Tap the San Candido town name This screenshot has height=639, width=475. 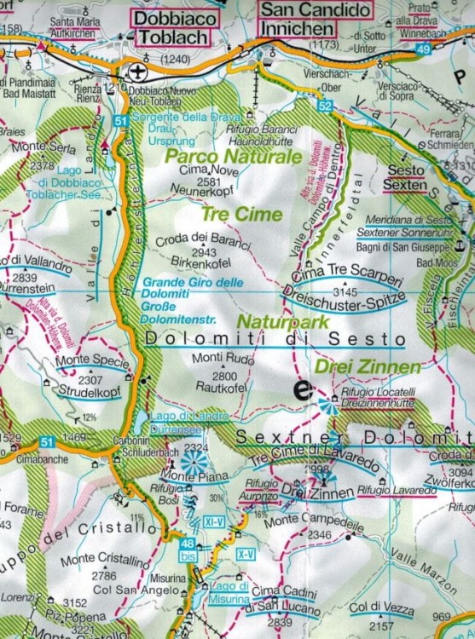pos(316,10)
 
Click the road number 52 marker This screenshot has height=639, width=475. pos(324,106)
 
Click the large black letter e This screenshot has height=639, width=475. pos(300,390)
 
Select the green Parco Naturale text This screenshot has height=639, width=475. pos(234,157)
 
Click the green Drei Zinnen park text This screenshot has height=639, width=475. pos(367,367)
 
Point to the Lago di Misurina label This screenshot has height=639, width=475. pos(225,593)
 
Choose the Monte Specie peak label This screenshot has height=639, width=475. pos(91,361)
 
